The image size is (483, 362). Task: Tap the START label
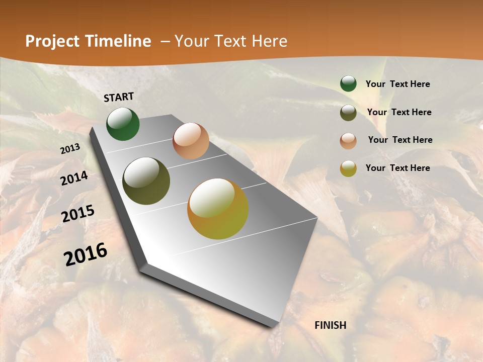119,97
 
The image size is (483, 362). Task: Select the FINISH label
331,325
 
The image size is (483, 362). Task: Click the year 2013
70,149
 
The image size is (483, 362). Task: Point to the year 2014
74,178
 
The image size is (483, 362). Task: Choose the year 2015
78,214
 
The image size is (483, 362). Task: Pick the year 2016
86,254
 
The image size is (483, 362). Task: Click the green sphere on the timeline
123,124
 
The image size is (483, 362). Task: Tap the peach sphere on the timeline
191,141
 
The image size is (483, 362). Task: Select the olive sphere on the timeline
146,181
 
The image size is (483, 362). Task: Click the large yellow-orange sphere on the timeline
218,209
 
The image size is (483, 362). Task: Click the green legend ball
348,83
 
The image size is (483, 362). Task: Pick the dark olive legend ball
348,113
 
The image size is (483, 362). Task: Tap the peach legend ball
348,141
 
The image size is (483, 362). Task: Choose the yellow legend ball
348,168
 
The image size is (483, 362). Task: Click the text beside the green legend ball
397,84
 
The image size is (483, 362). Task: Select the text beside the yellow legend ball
397,168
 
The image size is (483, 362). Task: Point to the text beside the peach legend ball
400,140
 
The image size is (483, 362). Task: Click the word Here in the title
269,41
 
